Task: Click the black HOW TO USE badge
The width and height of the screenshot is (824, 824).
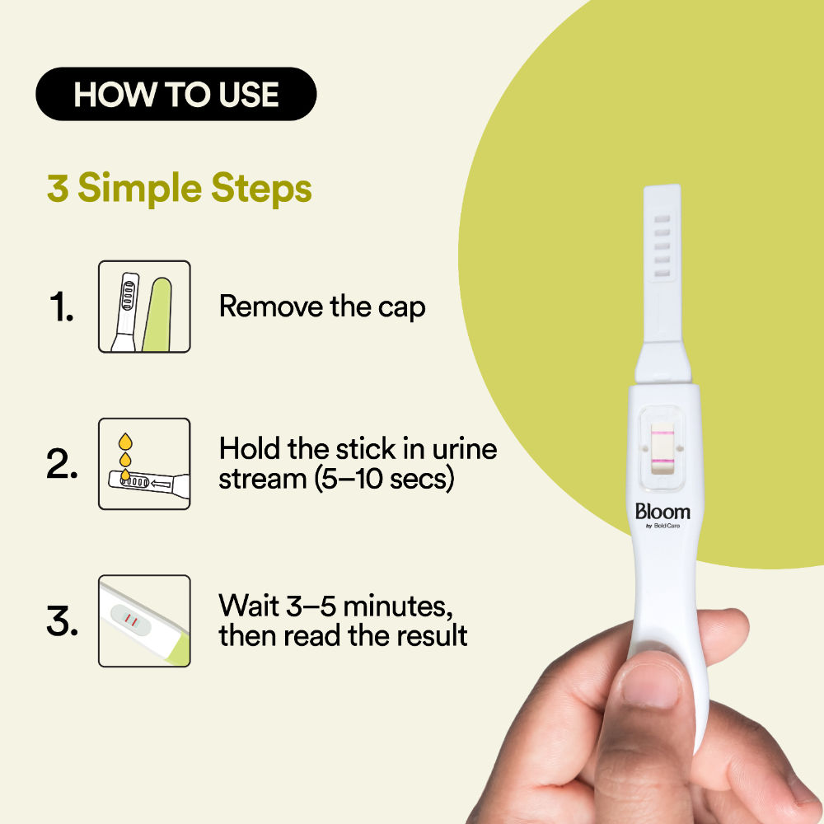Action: point(176,94)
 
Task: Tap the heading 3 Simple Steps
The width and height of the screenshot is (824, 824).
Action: point(180,189)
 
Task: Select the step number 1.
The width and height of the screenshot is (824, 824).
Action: point(60,307)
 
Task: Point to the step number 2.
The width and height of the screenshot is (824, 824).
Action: point(62,465)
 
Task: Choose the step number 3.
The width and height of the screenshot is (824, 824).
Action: point(62,621)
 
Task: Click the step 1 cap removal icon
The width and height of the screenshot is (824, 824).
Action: point(144,307)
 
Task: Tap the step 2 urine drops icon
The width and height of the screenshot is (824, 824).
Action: point(144,464)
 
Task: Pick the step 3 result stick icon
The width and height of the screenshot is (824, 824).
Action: point(144,620)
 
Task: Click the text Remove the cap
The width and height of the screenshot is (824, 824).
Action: point(322,307)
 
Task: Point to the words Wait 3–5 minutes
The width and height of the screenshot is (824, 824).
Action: point(335,606)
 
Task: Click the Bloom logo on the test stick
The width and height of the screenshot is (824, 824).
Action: point(662,512)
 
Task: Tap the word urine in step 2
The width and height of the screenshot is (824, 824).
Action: point(466,450)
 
